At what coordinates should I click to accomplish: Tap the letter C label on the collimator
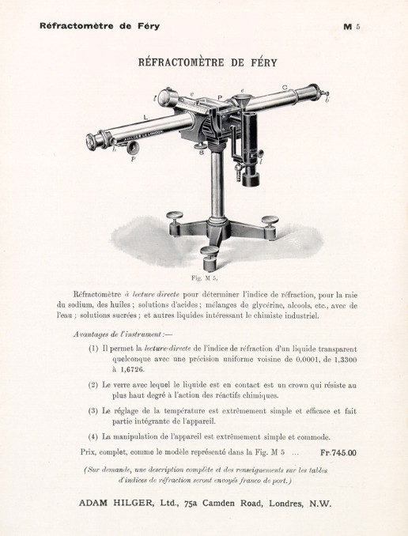pos(284,87)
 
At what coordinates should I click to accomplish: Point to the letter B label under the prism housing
pos(202,153)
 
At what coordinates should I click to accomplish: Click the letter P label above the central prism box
pos(221,97)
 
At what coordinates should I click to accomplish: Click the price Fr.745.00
pos(339,454)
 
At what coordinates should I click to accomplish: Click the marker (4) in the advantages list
pos(94,436)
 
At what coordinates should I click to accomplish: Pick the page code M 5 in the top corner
pos(351,26)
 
